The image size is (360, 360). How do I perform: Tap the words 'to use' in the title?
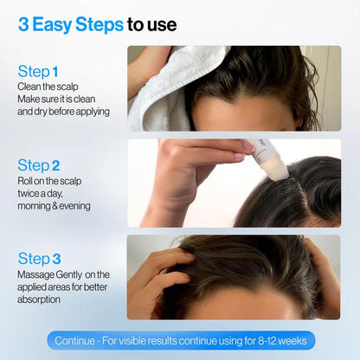152,24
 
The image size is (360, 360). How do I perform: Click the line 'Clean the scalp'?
47,87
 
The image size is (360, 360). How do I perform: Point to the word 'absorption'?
39,299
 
